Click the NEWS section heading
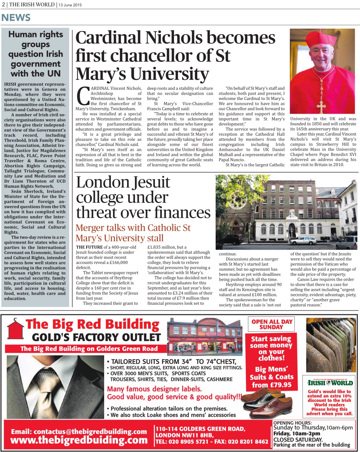(16, 17)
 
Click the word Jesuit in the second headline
(151, 182)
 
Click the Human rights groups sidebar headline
(36, 54)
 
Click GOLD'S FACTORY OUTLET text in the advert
(96, 337)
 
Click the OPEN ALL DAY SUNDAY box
(271, 324)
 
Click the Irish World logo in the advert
(329, 383)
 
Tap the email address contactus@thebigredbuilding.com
(79, 432)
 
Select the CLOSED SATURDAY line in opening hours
(298, 439)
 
